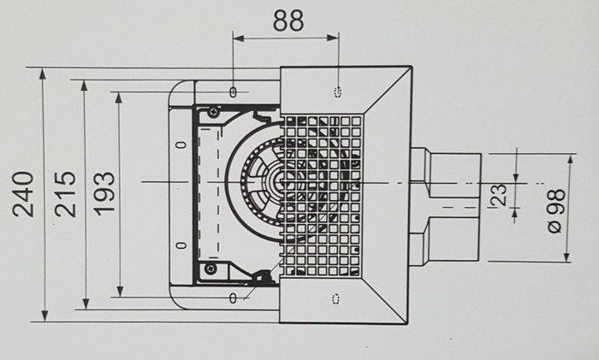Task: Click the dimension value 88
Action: (288, 21)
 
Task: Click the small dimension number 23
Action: (499, 194)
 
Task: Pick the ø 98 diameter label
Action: (552, 210)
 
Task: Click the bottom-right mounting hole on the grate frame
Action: (335, 297)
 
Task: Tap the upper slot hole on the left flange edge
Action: (180, 145)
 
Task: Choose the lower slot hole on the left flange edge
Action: (180, 245)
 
